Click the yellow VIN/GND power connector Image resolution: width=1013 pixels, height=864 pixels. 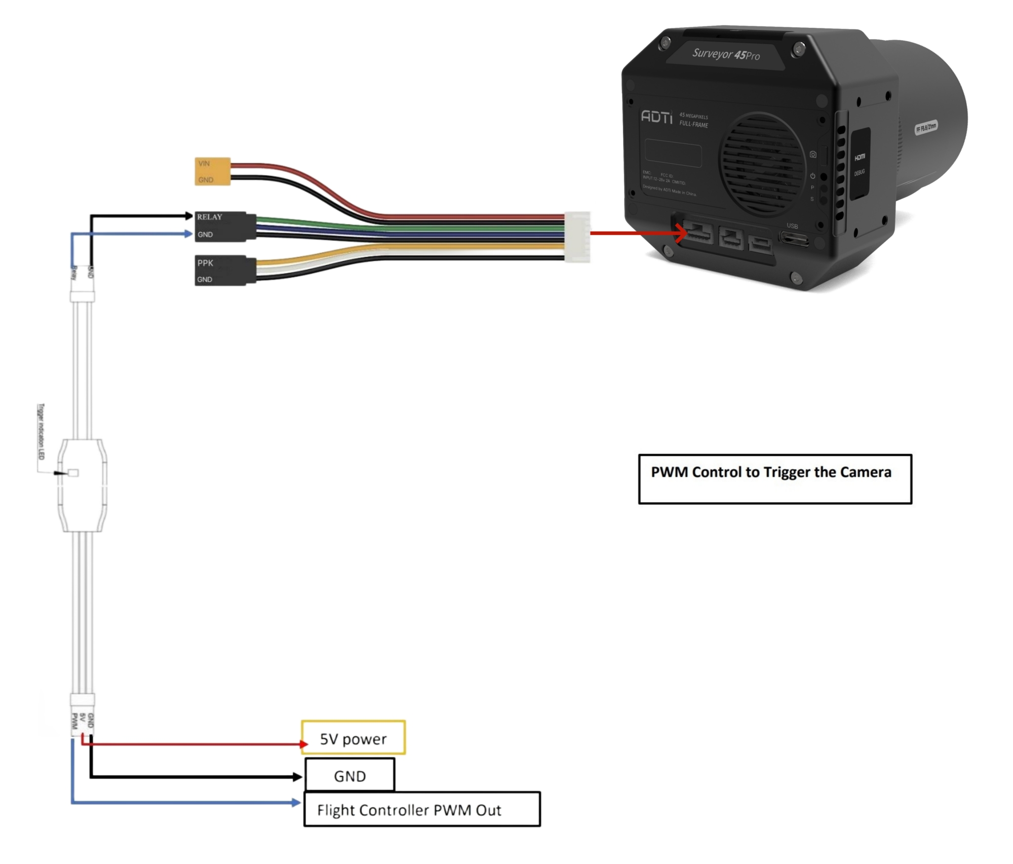[x=213, y=171]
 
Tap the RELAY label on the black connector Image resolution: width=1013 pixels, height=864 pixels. [x=210, y=217]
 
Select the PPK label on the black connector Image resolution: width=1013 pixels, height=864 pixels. [x=205, y=263]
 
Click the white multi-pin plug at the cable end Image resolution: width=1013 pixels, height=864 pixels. [x=577, y=237]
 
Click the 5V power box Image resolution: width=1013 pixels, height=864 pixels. [x=353, y=738]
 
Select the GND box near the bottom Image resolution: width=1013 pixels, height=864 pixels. [x=349, y=775]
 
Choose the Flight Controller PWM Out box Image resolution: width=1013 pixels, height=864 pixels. [x=422, y=809]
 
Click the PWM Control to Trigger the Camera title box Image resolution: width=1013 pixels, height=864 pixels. [x=774, y=478]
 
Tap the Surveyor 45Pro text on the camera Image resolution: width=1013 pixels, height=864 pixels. [x=726, y=54]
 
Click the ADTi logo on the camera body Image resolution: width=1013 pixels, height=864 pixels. [x=656, y=117]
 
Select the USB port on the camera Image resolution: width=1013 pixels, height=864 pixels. [x=794, y=238]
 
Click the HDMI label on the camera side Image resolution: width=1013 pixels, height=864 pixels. [x=860, y=158]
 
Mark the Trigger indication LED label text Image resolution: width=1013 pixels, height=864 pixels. [x=41, y=431]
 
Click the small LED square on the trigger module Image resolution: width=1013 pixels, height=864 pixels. [x=73, y=473]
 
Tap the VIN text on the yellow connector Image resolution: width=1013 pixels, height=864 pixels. [x=204, y=163]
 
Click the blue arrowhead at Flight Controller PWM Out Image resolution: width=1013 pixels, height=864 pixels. [x=297, y=802]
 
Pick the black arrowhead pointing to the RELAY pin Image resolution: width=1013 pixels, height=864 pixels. [x=188, y=216]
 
